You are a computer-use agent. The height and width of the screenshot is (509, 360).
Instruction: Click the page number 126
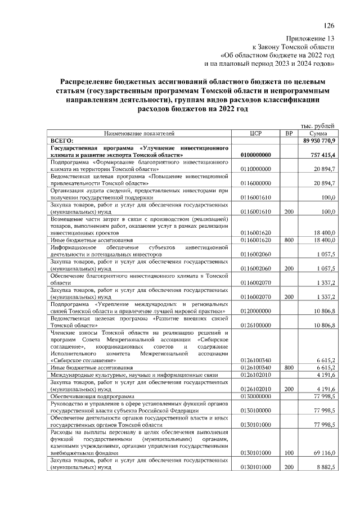coord(329,25)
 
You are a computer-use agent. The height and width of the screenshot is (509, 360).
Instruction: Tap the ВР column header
coord(288,134)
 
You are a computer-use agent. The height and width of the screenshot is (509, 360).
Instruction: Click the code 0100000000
coord(256,155)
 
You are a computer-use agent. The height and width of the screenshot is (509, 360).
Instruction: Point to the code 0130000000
coord(256,396)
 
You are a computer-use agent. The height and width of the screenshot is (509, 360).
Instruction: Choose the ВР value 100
coord(288,453)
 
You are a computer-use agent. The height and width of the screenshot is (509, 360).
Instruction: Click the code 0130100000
coord(256,410)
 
